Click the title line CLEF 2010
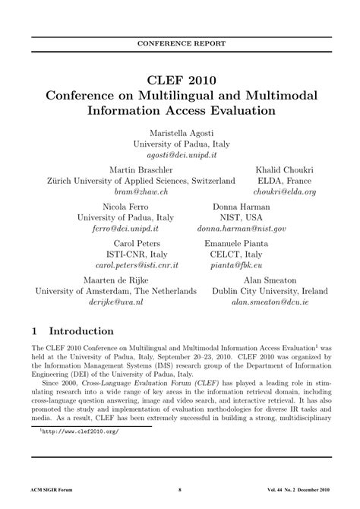180,80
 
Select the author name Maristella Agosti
180,132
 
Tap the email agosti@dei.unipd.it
180,153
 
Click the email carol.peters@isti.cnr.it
137,266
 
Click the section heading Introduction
81,332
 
